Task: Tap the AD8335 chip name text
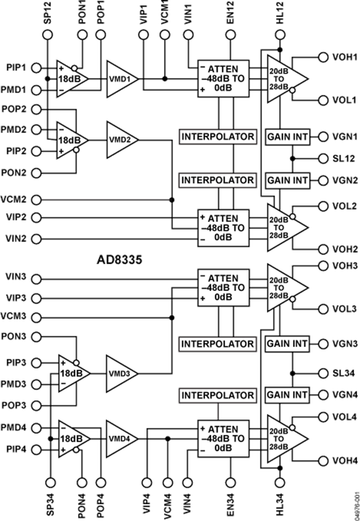pos(119,260)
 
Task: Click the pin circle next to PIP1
pos(36,68)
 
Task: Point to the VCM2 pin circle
pos(36,199)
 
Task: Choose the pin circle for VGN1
pos(323,137)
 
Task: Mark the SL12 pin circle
pos(323,158)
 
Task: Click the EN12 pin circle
pos(230,35)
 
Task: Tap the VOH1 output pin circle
pos(323,57)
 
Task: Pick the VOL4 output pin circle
pos(323,417)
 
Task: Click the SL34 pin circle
pos(323,373)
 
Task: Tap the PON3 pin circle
pos(36,337)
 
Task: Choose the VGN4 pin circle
pos(323,395)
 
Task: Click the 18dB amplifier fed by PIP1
pos(71,79)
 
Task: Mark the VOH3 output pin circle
pos(323,266)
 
